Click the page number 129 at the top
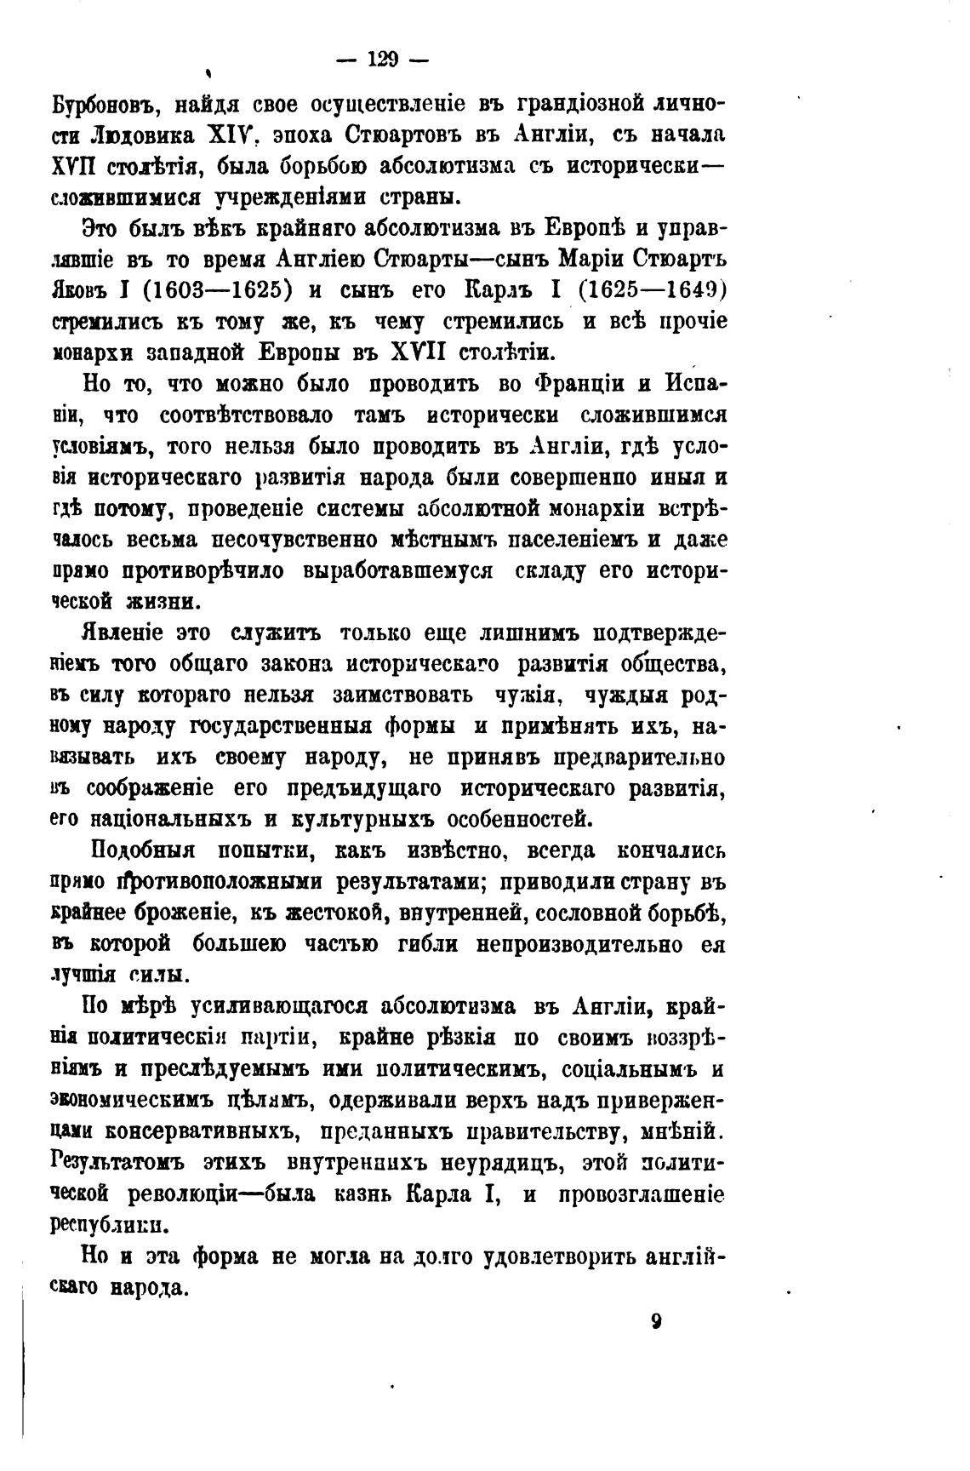click(382, 60)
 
